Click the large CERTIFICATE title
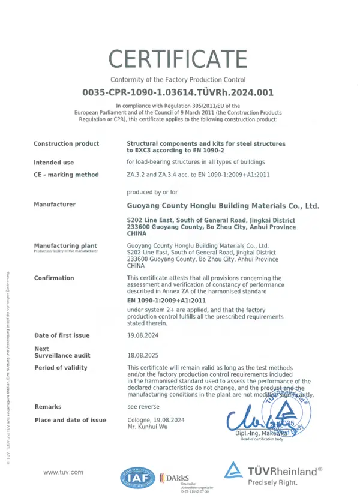pyautogui.click(x=178, y=59)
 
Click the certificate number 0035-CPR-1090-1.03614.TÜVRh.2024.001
pyautogui.click(x=178, y=92)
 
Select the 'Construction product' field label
pyautogui.click(x=66, y=144)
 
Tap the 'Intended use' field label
pyautogui.click(x=54, y=163)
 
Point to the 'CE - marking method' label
pyautogui.click(x=66, y=175)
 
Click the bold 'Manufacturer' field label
pyautogui.click(x=55, y=205)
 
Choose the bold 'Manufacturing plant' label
pyautogui.click(x=65, y=246)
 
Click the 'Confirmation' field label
pyautogui.click(x=54, y=278)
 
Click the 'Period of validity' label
pyautogui.click(x=61, y=368)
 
